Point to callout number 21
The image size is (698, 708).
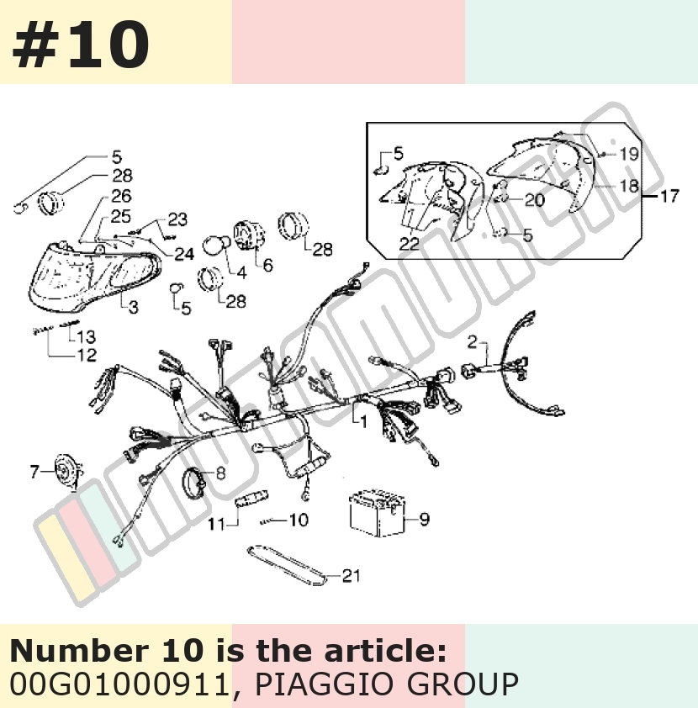[x=351, y=576]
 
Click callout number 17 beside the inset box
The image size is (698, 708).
[x=669, y=197]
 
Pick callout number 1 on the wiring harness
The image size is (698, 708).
[x=363, y=421]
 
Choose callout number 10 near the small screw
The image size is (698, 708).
[x=299, y=520]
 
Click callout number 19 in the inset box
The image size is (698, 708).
[x=629, y=155]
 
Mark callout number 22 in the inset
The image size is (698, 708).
[x=409, y=244]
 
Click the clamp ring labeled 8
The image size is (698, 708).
[x=193, y=483]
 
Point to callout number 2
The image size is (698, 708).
[x=472, y=342]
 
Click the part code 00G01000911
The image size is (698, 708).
[x=120, y=684]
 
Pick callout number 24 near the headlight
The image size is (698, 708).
[x=184, y=254]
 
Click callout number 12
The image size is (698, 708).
[x=87, y=355]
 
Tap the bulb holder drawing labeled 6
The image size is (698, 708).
[x=248, y=235]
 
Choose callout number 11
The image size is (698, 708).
[x=216, y=524]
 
